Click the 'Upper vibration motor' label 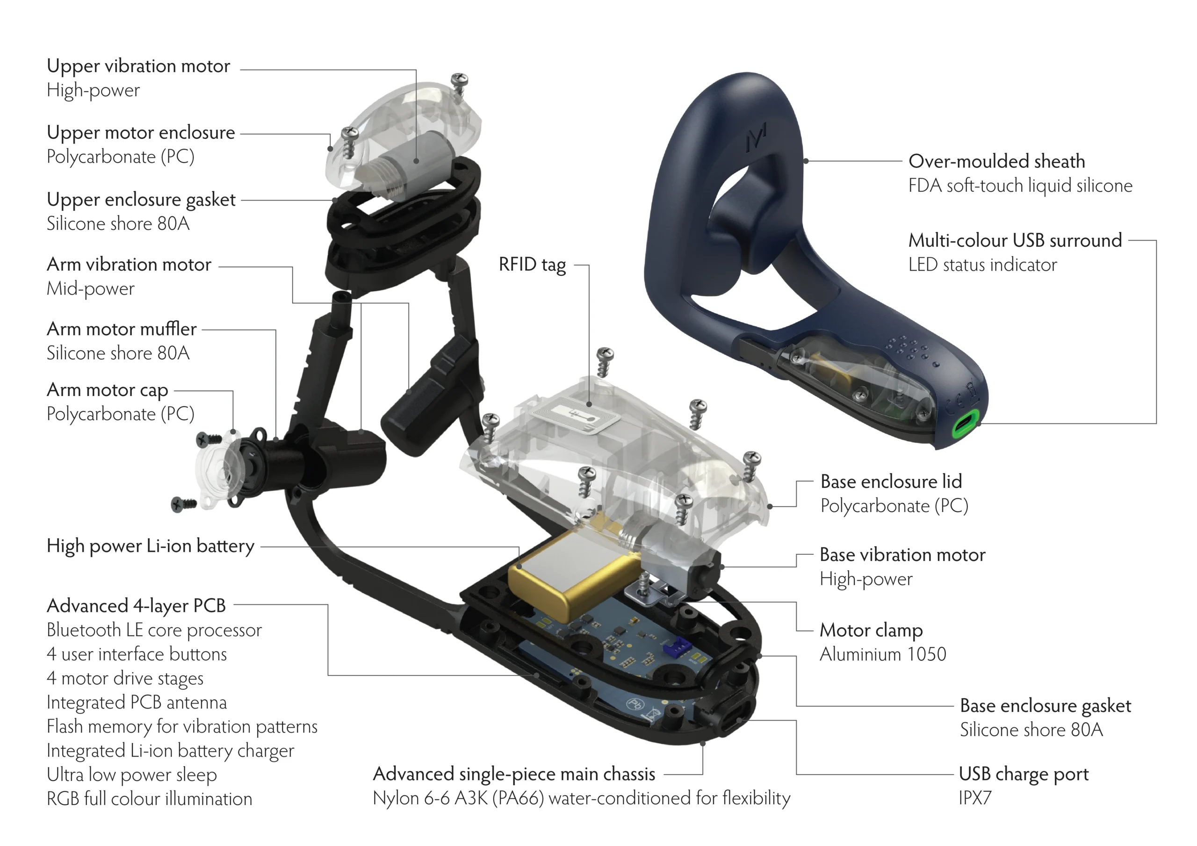click(x=138, y=66)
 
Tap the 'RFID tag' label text click(x=532, y=265)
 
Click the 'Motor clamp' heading click(x=871, y=630)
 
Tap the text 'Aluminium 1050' click(x=883, y=654)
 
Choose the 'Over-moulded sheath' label click(x=996, y=162)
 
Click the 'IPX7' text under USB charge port click(x=975, y=798)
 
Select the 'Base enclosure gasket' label click(x=1046, y=706)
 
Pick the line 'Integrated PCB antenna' click(x=137, y=703)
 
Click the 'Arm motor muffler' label click(x=122, y=330)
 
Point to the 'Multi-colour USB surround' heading click(x=1015, y=241)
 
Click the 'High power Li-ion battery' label click(x=150, y=546)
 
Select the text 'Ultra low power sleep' click(x=131, y=775)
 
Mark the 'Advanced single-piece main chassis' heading click(x=513, y=774)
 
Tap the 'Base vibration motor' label click(x=902, y=555)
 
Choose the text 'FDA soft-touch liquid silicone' click(x=1020, y=186)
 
